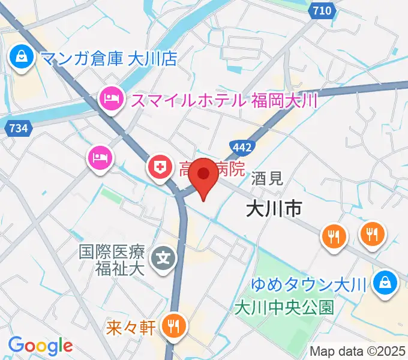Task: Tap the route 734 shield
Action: tap(18, 127)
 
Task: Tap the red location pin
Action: tap(205, 178)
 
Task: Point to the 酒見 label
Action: tap(267, 178)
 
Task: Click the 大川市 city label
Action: tap(274, 208)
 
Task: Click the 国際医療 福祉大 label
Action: tap(113, 259)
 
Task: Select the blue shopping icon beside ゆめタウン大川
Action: tap(384, 283)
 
